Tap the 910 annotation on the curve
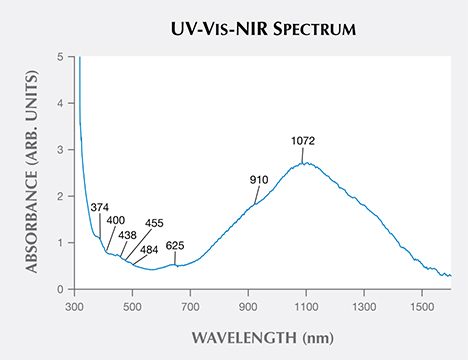[x=260, y=180]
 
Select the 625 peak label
[x=175, y=245]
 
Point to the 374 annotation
[x=100, y=208]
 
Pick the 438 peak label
[x=127, y=235]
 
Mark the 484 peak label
[x=149, y=249]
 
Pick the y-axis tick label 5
[x=61, y=57]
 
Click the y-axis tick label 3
[x=61, y=150]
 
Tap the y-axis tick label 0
[x=61, y=289]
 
